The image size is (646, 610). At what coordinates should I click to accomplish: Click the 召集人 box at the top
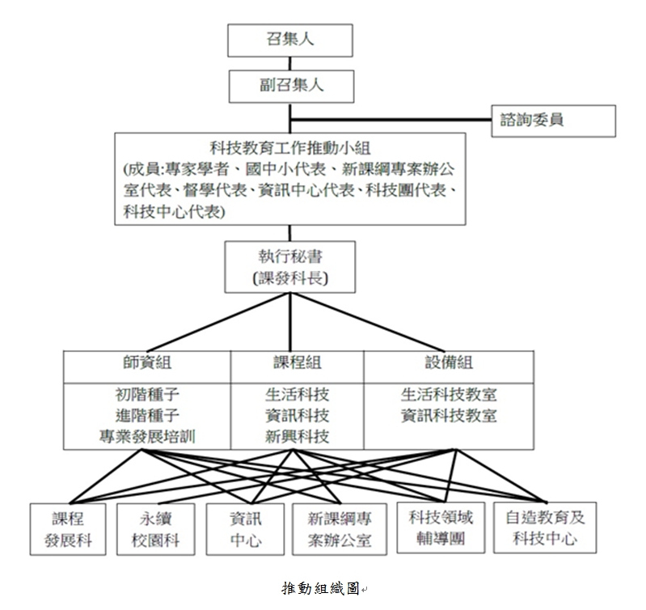coord(289,40)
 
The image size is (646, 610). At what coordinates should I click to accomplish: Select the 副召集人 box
coord(289,85)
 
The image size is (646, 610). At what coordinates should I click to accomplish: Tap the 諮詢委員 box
coord(554,121)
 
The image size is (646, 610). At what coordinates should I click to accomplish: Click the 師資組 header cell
coord(147,365)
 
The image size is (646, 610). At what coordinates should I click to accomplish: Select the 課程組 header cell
coord(297,365)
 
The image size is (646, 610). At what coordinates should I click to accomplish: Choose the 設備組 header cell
coord(448,365)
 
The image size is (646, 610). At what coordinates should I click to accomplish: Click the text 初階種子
coord(147,396)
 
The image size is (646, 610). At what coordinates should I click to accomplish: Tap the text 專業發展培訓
coord(147,437)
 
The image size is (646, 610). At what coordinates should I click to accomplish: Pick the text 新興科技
coord(297,437)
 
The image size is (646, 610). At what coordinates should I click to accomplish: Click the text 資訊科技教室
coord(449,416)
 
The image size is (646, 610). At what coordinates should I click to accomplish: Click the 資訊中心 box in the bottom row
coord(245,529)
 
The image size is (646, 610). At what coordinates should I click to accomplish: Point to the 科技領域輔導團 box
coord(441,528)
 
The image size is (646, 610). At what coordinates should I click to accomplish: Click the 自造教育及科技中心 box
coord(545,528)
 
